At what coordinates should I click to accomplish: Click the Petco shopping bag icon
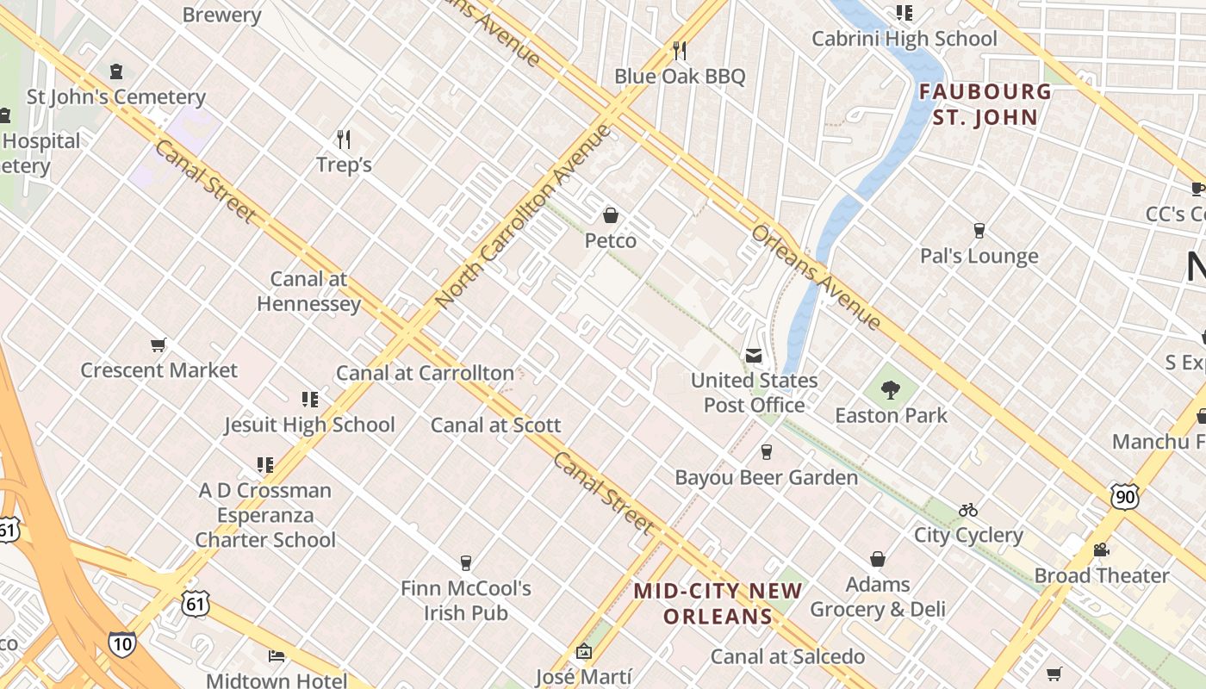611,214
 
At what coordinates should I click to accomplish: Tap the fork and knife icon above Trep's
344,139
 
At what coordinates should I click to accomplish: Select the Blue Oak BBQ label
679,76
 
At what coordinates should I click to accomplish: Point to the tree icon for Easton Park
891,390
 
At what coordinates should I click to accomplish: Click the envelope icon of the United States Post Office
754,356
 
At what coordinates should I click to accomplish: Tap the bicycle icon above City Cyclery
968,510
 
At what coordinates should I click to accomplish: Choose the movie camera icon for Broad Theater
1101,549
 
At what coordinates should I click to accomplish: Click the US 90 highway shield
1125,495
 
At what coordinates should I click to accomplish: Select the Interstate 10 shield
121,643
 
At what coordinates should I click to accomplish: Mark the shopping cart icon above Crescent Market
159,345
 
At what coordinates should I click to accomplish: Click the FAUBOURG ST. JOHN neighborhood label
985,104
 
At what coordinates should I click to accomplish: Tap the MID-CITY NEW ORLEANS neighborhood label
718,604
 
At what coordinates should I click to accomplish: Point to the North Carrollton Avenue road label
522,217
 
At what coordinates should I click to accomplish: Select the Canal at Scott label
495,425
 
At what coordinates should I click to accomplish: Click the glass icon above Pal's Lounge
979,231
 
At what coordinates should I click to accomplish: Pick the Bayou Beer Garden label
766,477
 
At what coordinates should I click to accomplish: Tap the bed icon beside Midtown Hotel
277,656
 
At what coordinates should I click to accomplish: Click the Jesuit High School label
309,425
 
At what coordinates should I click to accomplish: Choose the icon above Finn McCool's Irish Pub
466,562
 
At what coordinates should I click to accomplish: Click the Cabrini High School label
904,39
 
